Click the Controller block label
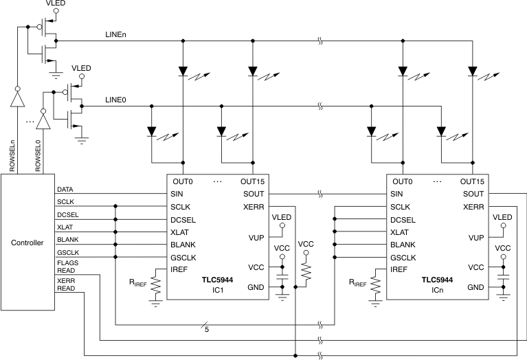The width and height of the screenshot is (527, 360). pyautogui.click(x=27, y=243)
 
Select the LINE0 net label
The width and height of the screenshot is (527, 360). pyautogui.click(x=115, y=100)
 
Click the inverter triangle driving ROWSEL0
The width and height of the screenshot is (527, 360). pyautogui.click(x=43, y=122)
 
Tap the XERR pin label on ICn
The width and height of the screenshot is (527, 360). pyautogui.click(x=473, y=206)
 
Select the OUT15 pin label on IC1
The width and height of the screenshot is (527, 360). pyautogui.click(x=252, y=181)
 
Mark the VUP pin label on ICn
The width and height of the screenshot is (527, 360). pyautogui.click(x=476, y=238)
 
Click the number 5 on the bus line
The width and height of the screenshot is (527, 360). pyautogui.click(x=205, y=330)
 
